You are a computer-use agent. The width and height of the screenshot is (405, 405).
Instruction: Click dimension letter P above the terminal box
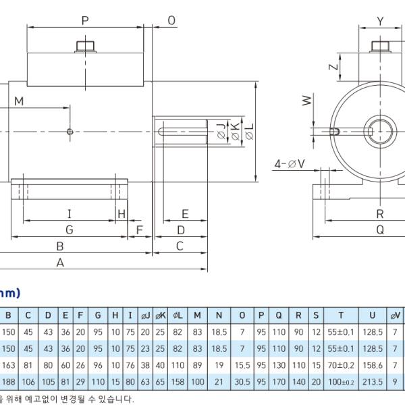pos(85,20)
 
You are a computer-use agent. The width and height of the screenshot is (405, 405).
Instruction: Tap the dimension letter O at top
pos(171,20)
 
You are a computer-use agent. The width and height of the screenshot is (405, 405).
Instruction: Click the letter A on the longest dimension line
pos(60,263)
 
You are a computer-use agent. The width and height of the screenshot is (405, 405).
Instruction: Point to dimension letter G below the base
pos(69,230)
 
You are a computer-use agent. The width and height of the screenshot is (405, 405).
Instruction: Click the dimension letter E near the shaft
pos(185,214)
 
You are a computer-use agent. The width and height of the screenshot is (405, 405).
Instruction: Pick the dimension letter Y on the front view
pos(380,21)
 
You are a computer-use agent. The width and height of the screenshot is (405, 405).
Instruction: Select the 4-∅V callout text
pos(290,163)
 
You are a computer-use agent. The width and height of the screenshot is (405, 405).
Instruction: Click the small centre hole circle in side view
pos(70,132)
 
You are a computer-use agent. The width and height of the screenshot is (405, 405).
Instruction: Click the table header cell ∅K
pos(161,315)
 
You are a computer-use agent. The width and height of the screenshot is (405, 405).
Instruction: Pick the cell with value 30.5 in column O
pos(242,381)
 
